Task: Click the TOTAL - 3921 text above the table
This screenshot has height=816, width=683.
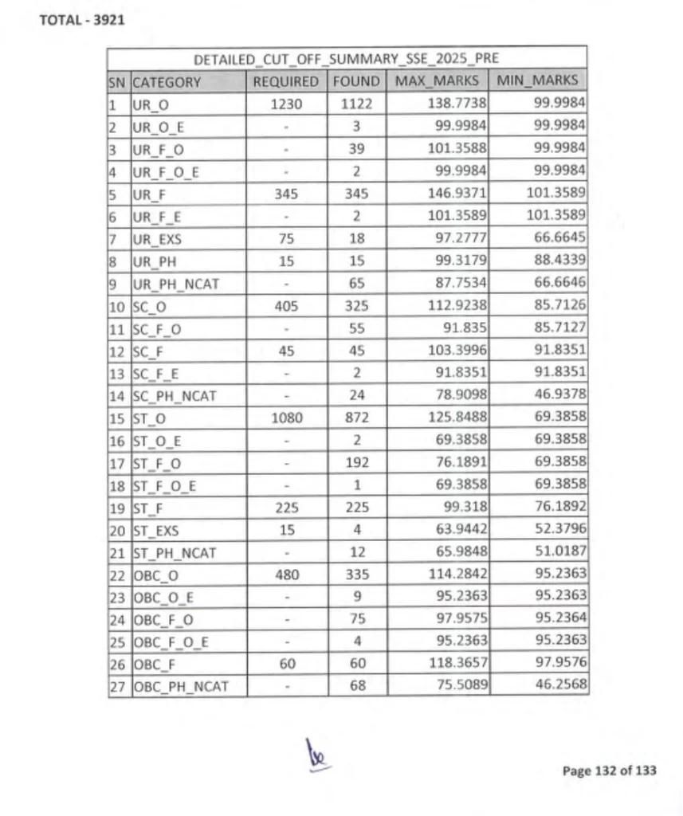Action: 81,20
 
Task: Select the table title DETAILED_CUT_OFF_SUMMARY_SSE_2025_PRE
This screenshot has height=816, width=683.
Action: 347,60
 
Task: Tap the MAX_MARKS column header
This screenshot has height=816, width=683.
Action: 438,80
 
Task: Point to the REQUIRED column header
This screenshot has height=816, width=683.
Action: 285,81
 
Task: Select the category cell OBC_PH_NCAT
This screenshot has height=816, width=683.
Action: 180,685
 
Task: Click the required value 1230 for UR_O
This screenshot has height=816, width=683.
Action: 286,104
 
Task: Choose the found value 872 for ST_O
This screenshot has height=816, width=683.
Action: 356,416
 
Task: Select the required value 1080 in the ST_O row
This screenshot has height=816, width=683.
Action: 286,416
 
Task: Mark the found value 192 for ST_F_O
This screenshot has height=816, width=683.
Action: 356,461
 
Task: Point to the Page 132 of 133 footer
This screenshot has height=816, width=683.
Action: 609,771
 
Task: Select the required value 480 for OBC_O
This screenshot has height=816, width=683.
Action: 286,573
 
